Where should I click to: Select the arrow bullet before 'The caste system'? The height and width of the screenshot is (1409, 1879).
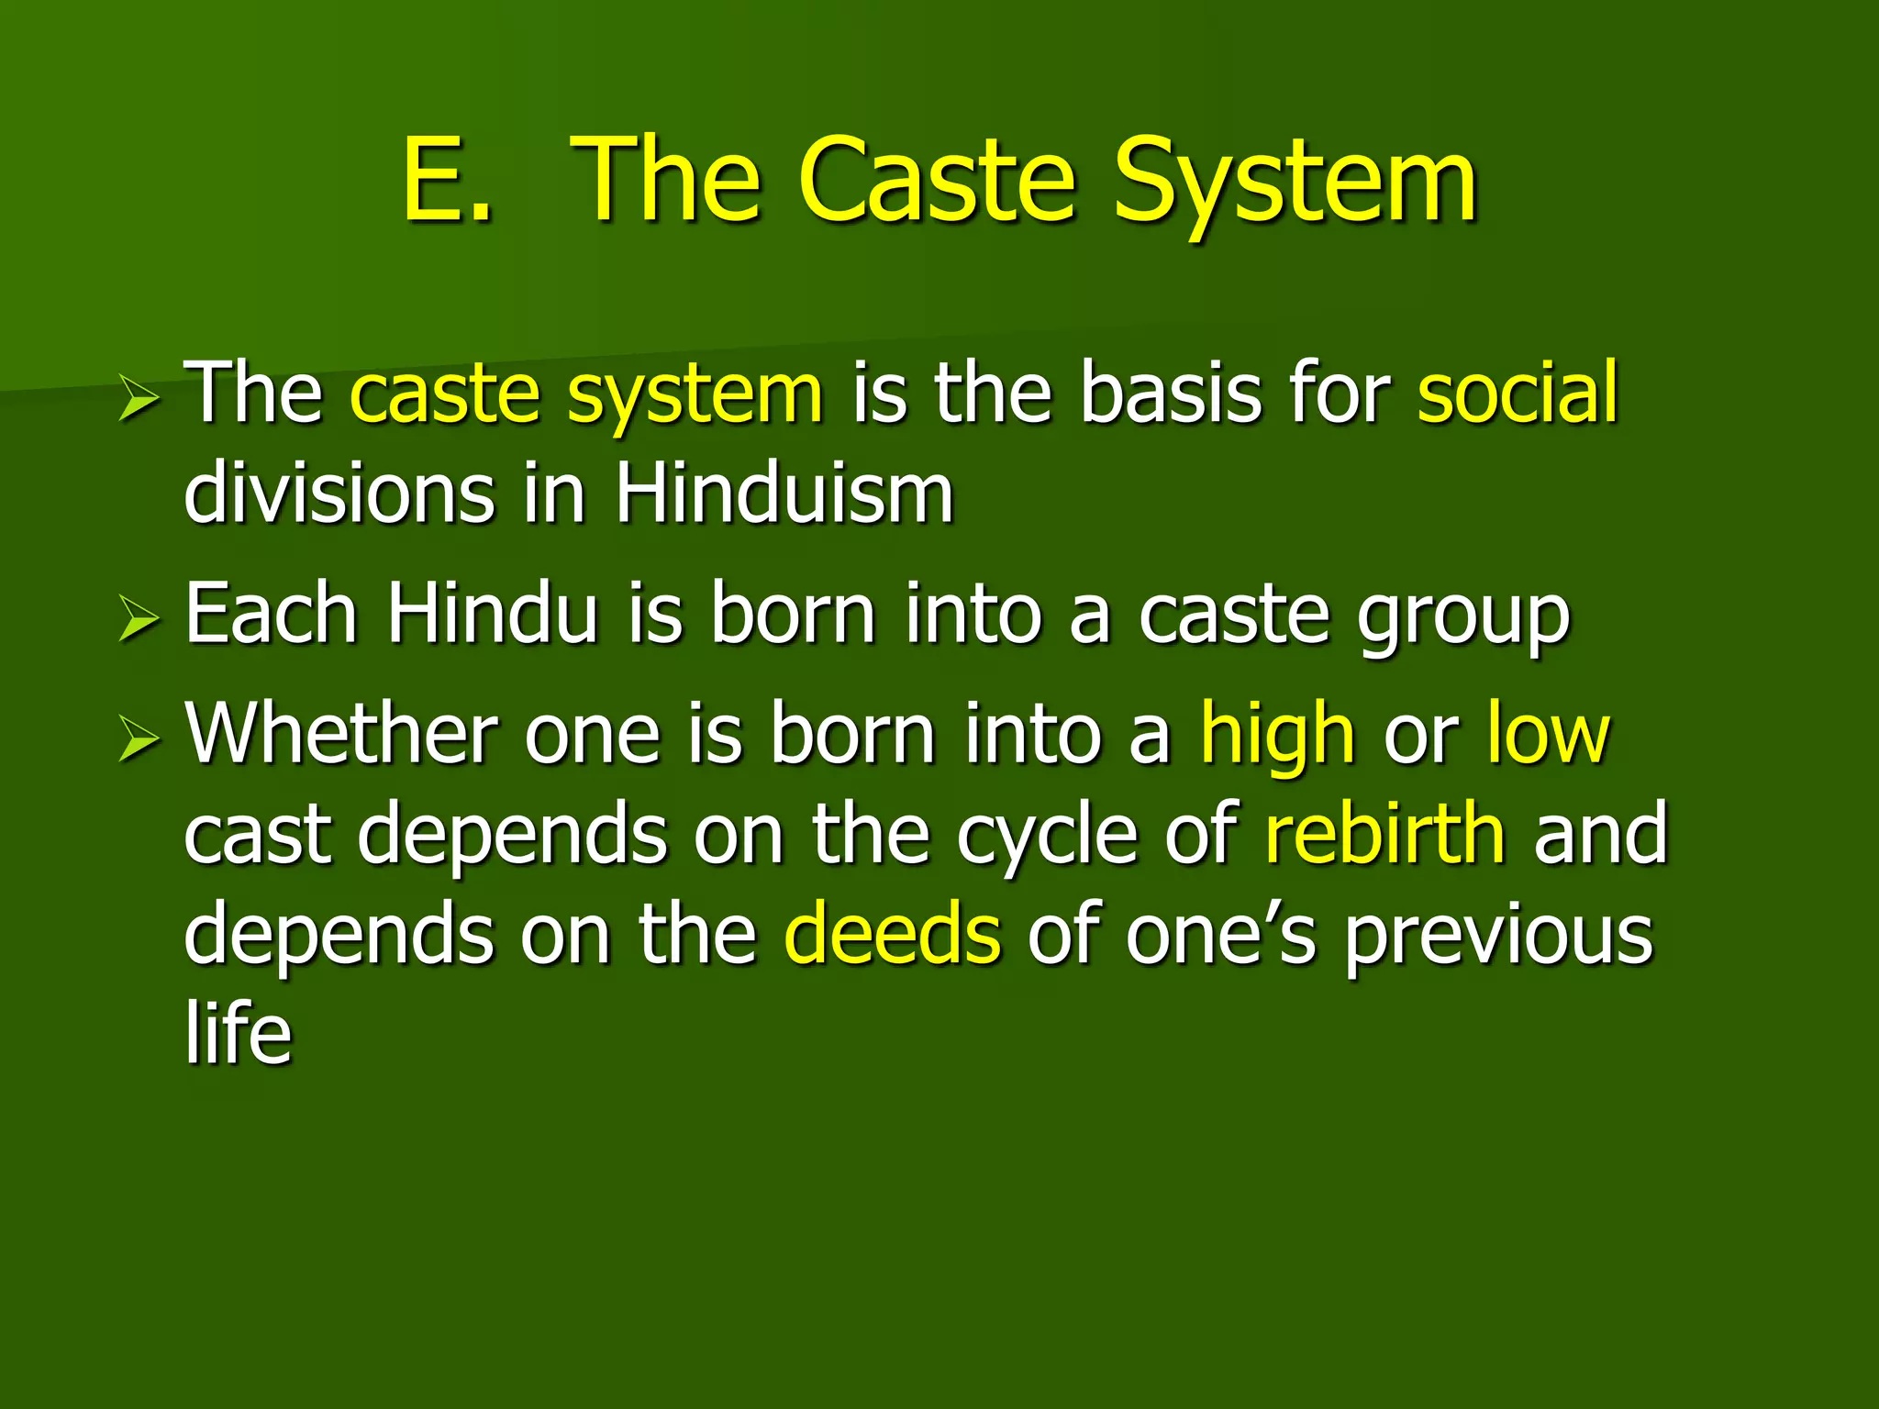(139, 402)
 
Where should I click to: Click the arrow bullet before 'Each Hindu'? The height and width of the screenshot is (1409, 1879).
(139, 622)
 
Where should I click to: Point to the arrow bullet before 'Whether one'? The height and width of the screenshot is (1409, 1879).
(139, 741)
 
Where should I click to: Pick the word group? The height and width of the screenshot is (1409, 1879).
(1464, 619)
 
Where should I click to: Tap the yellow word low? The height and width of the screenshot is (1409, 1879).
(1548, 733)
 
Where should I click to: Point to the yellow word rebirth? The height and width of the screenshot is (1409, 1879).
(1384, 833)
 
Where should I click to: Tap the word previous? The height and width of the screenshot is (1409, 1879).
(1499, 937)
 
